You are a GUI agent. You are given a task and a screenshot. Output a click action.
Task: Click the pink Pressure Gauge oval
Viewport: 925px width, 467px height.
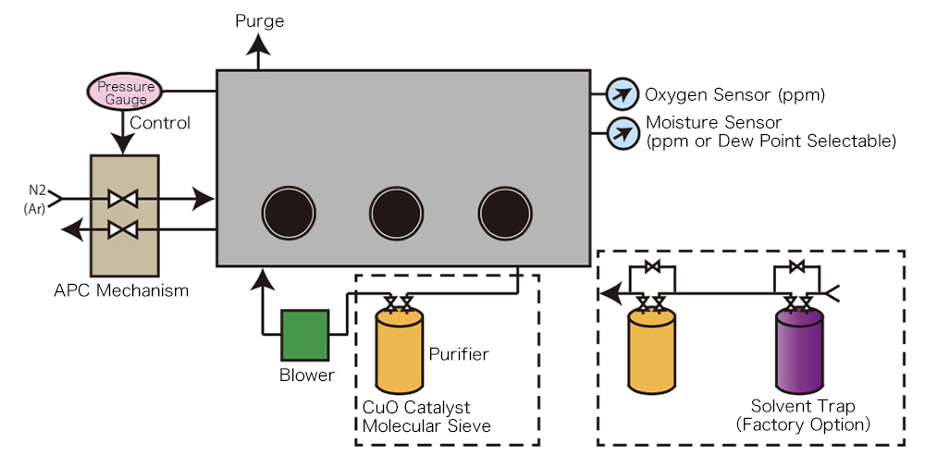click(x=124, y=92)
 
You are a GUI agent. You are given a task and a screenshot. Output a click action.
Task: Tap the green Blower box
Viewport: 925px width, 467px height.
click(x=305, y=334)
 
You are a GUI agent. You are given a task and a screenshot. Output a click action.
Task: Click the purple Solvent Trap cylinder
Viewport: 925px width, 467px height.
click(x=799, y=351)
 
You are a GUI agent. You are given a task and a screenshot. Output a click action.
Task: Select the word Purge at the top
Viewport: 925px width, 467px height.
click(x=260, y=20)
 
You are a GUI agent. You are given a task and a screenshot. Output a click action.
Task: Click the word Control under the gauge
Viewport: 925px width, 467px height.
click(x=160, y=123)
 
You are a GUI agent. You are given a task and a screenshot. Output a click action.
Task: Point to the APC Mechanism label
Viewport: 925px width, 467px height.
click(x=121, y=290)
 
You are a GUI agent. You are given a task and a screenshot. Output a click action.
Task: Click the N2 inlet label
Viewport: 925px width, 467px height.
click(x=37, y=190)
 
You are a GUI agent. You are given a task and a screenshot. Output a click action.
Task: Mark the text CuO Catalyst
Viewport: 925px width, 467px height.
click(x=416, y=408)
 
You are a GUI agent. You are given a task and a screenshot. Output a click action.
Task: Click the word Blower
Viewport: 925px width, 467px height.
click(x=306, y=375)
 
